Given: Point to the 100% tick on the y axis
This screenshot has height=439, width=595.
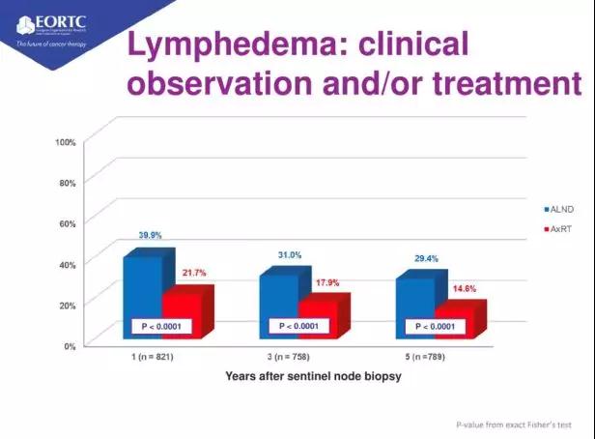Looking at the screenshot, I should tap(66, 142).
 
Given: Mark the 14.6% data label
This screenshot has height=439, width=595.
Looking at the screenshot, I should tap(464, 288).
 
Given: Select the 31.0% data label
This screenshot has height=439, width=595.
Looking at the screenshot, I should tap(289, 254).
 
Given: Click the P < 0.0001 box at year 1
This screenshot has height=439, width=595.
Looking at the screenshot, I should tap(162, 327).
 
